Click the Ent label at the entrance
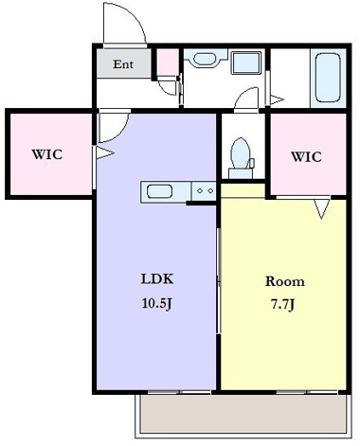123,64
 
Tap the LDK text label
157,279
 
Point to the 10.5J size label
157,303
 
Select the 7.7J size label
283,305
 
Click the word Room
285,281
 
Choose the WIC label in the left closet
47,154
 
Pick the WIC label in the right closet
306,157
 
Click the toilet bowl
241,153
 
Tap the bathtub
328,78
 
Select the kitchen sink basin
160,191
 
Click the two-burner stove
204,191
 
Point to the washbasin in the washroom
205,59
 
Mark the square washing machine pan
246,63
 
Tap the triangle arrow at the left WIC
105,153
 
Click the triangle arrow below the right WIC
322,208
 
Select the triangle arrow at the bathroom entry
277,100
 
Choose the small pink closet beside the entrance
168,62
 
